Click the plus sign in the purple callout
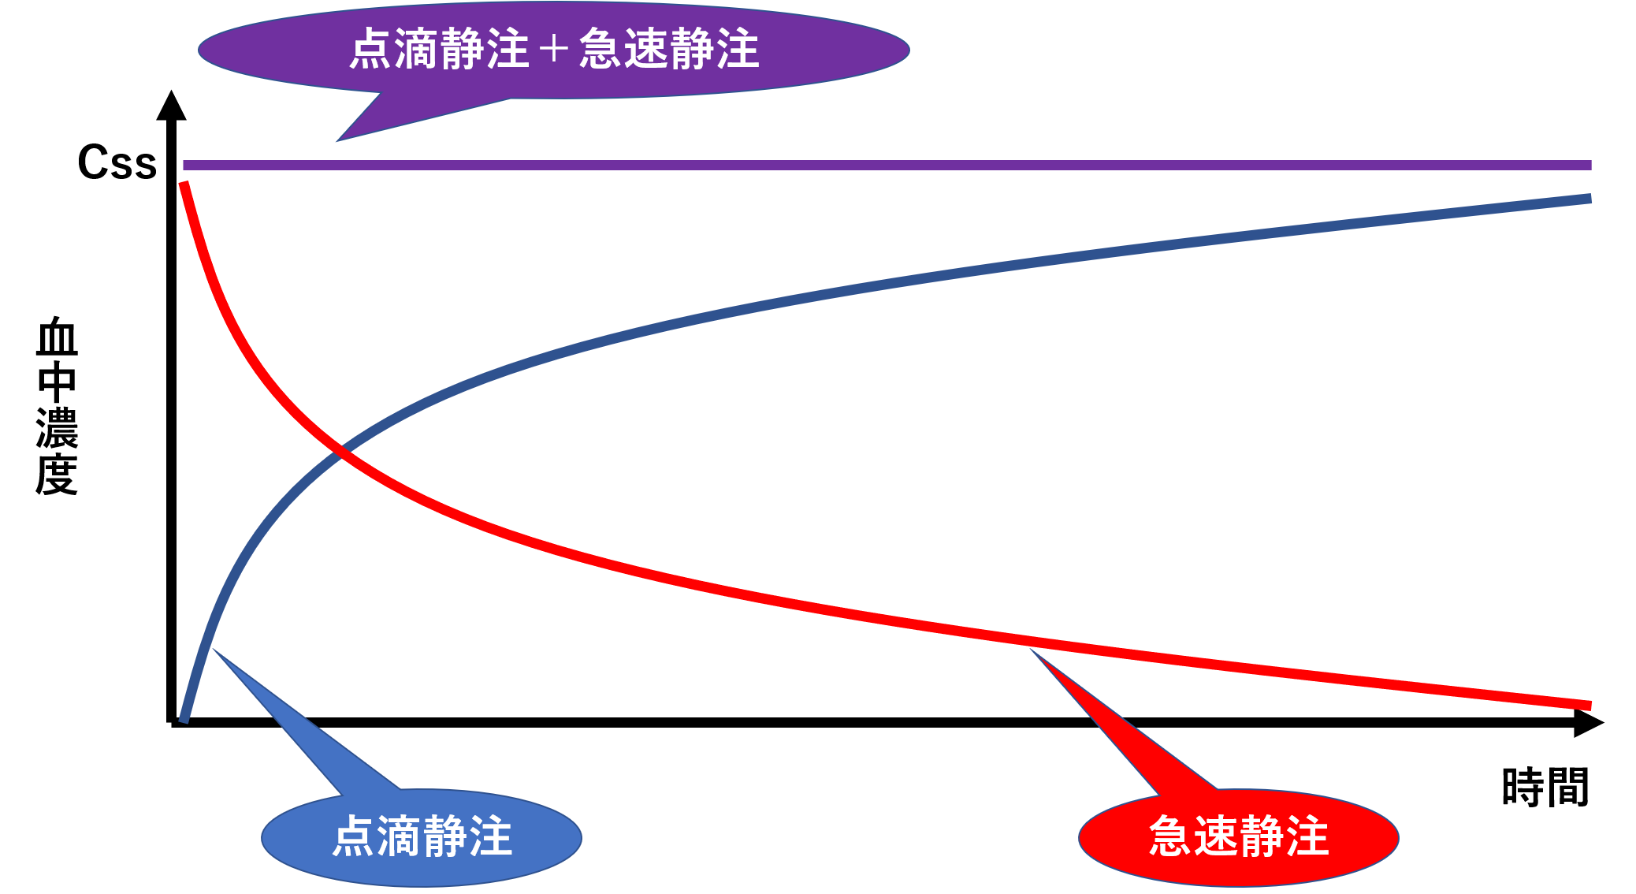(x=554, y=49)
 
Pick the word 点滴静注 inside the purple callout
(x=439, y=49)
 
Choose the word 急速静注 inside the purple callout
(x=669, y=49)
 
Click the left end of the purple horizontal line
(x=185, y=165)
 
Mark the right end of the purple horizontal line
(x=1590, y=165)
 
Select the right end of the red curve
(x=1590, y=706)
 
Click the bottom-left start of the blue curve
(x=184, y=719)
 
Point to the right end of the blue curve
(x=1590, y=199)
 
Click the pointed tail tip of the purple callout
(x=337, y=141)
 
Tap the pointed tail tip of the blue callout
(x=213, y=649)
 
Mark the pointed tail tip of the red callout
(x=1030, y=649)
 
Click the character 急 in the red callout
(x=1171, y=836)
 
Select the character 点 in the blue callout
(x=354, y=836)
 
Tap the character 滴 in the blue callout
(x=400, y=836)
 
